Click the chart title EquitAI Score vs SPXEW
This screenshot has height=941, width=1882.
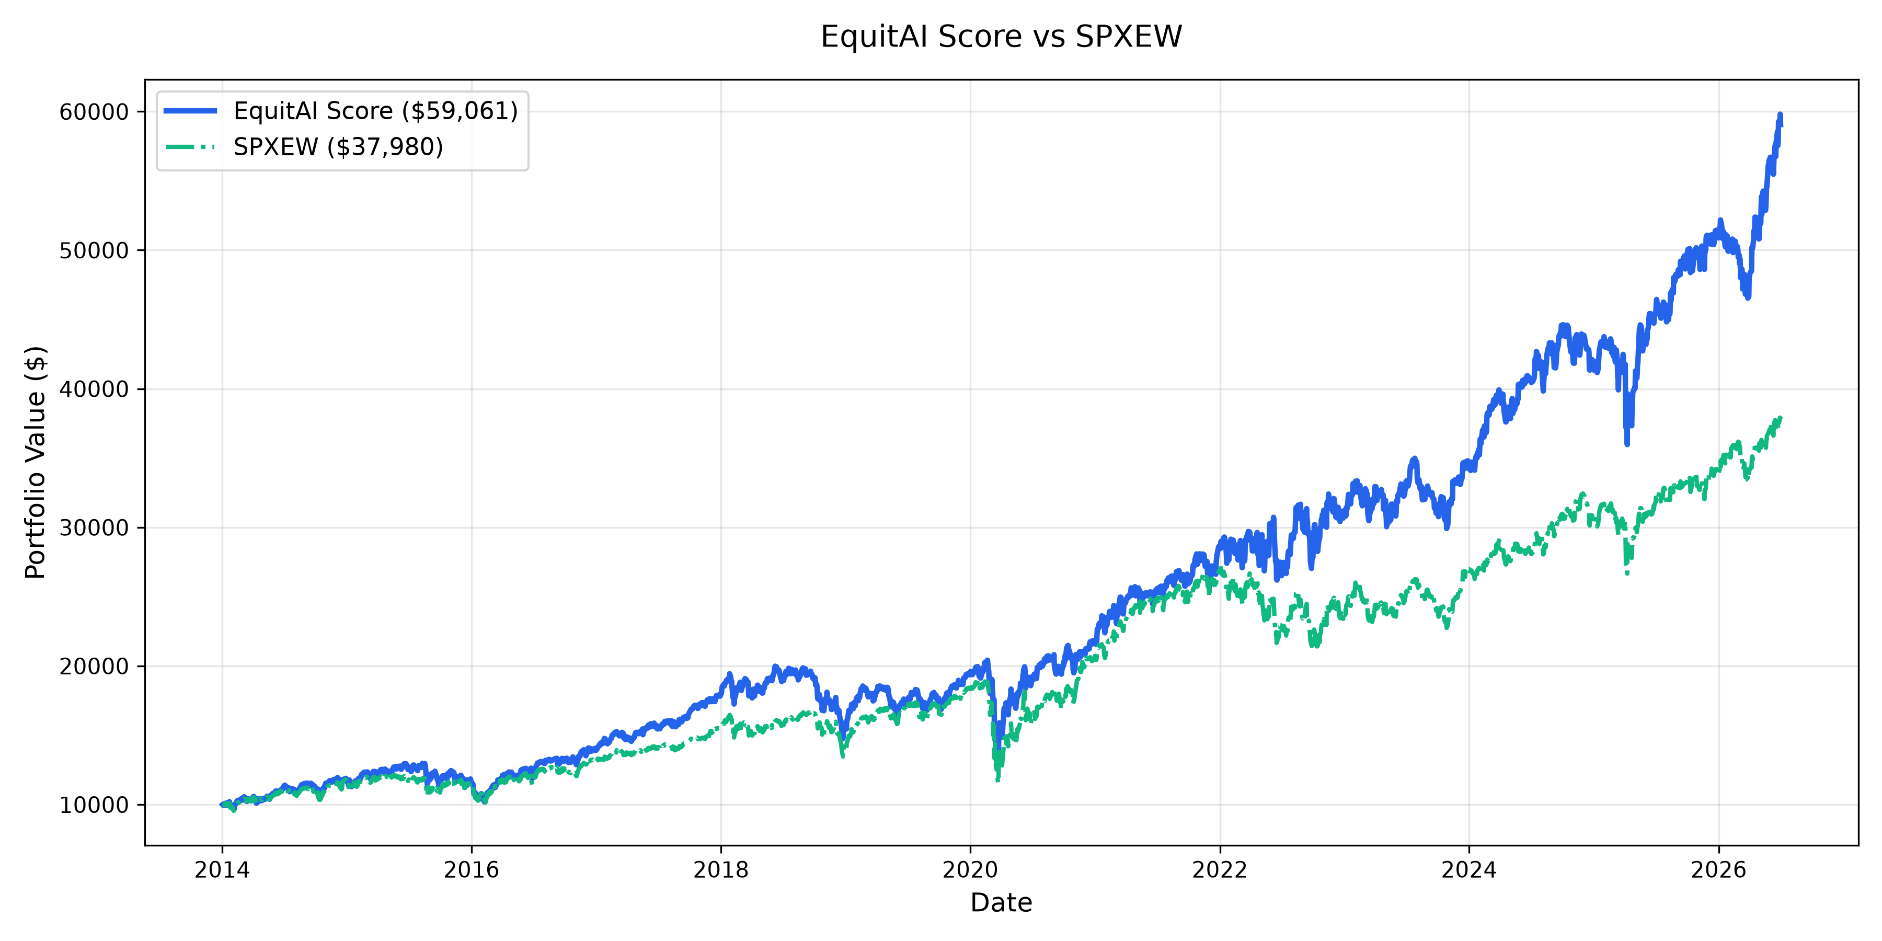point(1001,37)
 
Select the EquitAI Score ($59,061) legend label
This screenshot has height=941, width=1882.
point(375,111)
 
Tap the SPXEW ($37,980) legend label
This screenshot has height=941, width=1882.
point(338,147)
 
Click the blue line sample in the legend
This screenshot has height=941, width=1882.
point(191,111)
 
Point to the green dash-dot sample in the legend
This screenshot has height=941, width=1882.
point(191,147)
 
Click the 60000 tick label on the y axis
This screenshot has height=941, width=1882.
point(94,112)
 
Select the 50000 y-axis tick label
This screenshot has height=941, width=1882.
point(94,250)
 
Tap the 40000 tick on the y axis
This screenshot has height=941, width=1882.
point(94,389)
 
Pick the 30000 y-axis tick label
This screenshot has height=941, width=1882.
point(94,527)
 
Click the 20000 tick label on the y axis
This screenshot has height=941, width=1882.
point(94,667)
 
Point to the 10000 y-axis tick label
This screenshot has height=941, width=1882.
point(94,805)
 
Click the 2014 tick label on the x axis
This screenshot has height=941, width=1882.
point(222,869)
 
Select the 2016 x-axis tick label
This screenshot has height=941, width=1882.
point(471,869)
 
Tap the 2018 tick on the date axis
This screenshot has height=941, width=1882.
point(721,869)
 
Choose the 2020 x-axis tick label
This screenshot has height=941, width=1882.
point(970,869)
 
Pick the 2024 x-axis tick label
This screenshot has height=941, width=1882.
point(1469,869)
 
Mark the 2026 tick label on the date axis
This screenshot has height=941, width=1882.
point(1719,869)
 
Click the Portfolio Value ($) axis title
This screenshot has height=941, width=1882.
point(36,463)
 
